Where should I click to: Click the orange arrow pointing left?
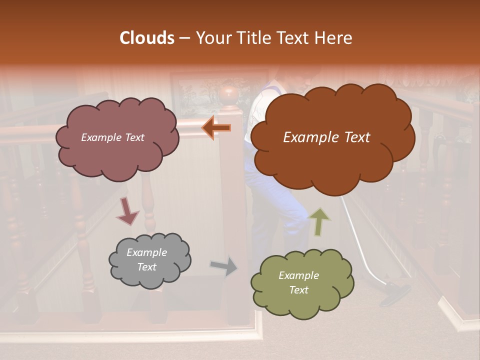tap(216, 128)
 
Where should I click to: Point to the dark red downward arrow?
tap(128, 212)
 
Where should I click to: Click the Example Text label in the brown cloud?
tap(326, 137)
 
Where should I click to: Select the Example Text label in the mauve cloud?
tap(112, 137)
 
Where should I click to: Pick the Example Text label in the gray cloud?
tap(147, 260)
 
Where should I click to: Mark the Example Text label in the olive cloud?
tap(298, 283)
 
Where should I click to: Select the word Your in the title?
tap(212, 38)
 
